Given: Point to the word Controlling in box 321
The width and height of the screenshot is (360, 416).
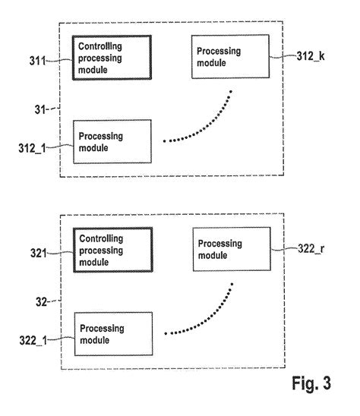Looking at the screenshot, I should click(x=100, y=238).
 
